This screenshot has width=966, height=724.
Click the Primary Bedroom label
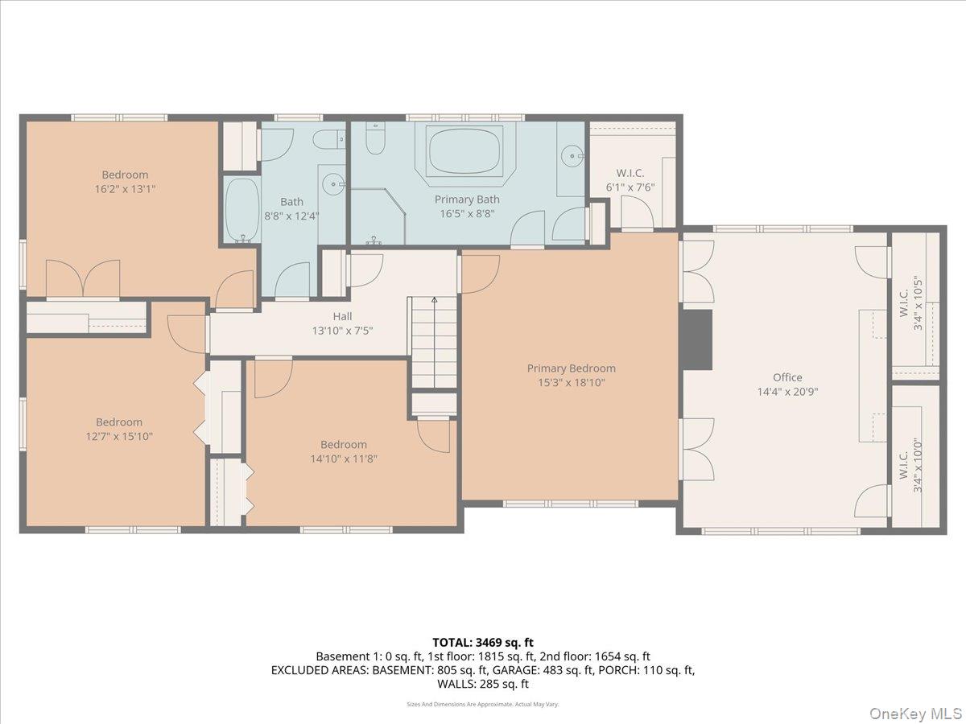click(x=571, y=368)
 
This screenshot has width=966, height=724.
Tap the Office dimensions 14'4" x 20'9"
click(x=787, y=392)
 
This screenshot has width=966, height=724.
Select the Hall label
click(x=342, y=316)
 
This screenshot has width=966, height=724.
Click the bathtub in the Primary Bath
click(x=465, y=150)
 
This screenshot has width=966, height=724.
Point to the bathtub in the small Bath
click(x=241, y=209)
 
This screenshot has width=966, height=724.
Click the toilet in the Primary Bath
click(x=374, y=142)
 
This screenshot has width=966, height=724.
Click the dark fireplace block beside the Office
click(x=697, y=339)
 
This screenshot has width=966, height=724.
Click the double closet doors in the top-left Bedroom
click(x=83, y=279)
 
